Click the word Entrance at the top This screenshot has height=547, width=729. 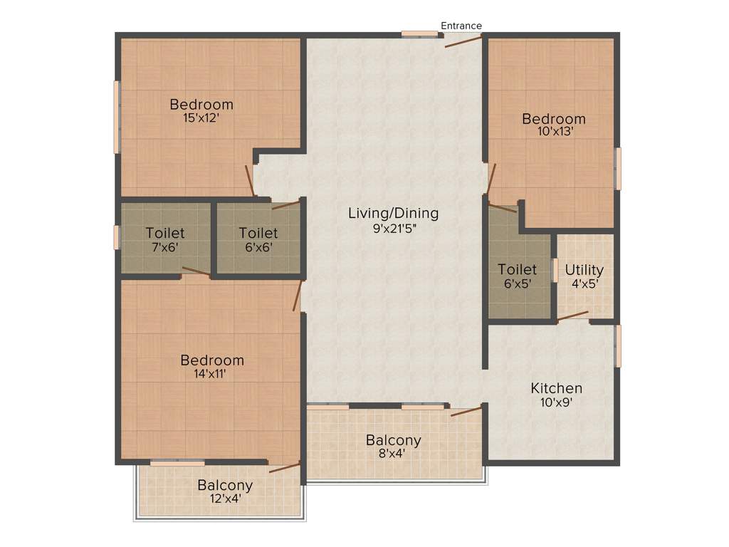(461, 26)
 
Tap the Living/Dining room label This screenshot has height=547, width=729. (393, 213)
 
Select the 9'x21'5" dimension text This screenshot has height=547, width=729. (393, 229)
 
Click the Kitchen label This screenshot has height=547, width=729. (557, 388)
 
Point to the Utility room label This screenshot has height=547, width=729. (584, 270)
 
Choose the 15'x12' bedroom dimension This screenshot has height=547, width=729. (201, 118)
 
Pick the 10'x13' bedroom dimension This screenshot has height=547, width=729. (554, 131)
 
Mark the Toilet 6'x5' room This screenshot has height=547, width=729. (518, 276)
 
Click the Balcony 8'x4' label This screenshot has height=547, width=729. (394, 446)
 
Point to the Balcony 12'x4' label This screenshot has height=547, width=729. (225, 491)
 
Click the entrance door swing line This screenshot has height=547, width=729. (463, 41)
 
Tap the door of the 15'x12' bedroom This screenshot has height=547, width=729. (250, 179)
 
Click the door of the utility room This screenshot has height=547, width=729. (573, 316)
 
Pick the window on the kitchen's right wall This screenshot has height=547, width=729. (618, 346)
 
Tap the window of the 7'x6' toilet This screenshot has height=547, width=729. (117, 237)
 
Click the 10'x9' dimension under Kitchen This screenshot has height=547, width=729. (557, 402)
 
